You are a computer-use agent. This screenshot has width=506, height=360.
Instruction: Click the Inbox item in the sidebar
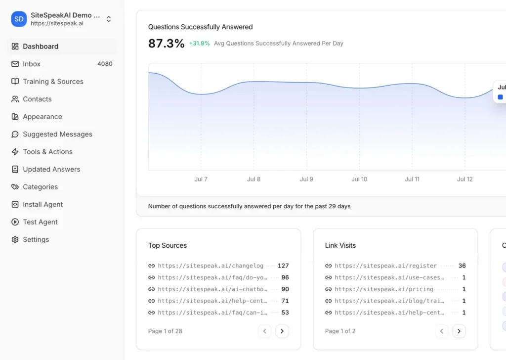(32, 64)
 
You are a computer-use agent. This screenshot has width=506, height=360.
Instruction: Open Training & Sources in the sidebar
(53, 82)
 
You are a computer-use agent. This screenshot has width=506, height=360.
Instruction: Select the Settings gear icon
(15, 239)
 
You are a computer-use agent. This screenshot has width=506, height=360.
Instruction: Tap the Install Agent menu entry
(42, 204)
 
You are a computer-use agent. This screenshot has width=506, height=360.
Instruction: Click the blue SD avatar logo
(19, 19)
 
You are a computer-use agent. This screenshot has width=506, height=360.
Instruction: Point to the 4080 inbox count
(105, 64)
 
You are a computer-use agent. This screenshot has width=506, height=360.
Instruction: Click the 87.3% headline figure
(166, 43)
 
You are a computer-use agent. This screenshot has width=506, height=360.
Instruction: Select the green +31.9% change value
(200, 43)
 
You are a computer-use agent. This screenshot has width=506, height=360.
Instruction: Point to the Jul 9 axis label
(306, 179)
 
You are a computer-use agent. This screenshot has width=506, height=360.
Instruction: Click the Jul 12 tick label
(464, 179)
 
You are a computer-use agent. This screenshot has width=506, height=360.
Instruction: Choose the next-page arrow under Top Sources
(282, 331)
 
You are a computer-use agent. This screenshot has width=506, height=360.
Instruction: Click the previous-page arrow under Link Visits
(441, 331)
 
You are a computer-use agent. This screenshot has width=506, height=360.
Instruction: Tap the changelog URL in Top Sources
(211, 266)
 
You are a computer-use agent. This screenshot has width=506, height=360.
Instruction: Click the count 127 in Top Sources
(283, 266)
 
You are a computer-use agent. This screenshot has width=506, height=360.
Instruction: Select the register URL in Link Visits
(385, 266)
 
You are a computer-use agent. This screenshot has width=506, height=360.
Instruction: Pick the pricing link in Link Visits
(384, 289)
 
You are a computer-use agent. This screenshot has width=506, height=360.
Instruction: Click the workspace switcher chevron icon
(109, 19)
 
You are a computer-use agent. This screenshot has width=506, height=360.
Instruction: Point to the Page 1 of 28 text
(165, 331)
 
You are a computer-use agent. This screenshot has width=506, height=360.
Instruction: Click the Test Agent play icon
(15, 222)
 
